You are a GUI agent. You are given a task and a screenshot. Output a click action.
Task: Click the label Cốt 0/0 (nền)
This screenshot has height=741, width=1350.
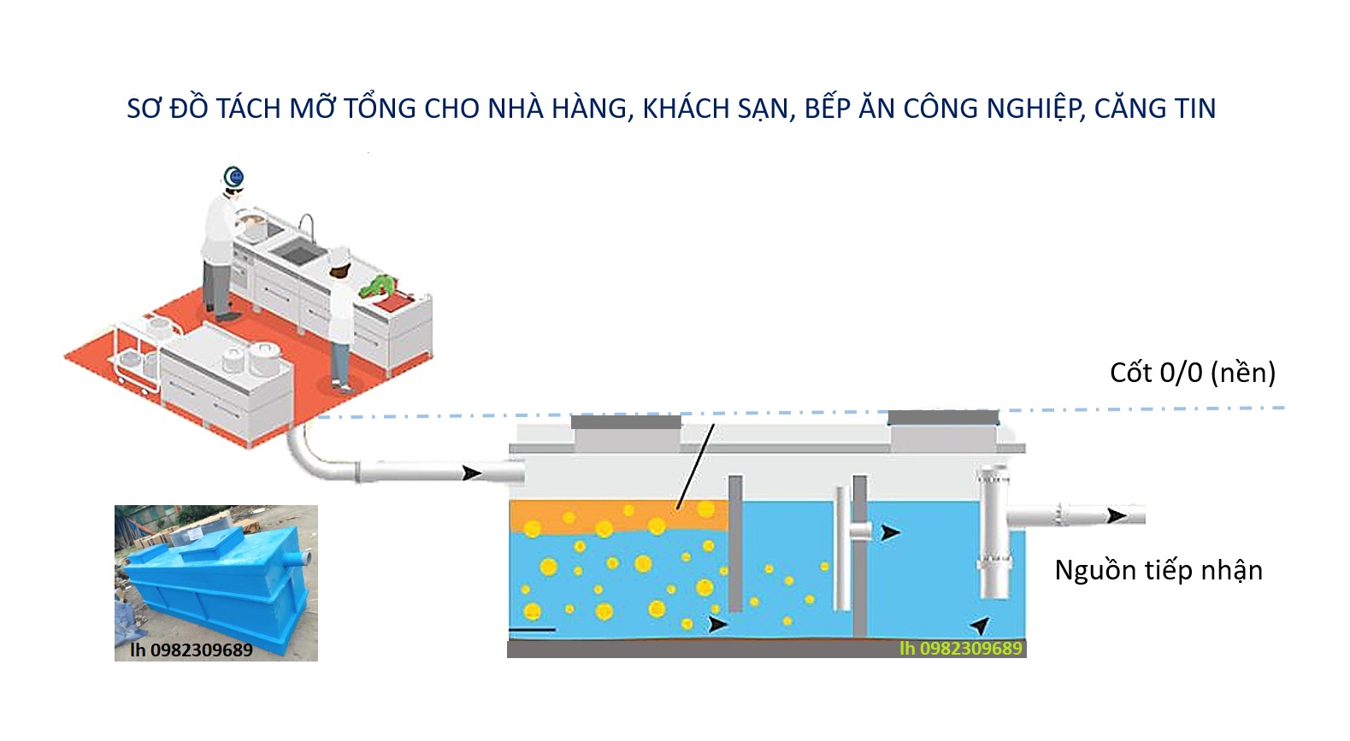tap(1192, 373)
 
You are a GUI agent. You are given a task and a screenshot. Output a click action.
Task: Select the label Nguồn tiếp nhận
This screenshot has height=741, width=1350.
tap(1158, 570)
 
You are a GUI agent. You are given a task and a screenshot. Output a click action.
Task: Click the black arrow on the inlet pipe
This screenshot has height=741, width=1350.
tap(471, 473)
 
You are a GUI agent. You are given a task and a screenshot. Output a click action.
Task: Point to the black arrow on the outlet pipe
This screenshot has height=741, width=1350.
tap(1116, 515)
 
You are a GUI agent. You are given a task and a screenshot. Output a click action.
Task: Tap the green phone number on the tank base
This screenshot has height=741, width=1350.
tap(960, 649)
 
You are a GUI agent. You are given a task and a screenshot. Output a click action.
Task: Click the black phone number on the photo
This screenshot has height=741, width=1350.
tap(191, 650)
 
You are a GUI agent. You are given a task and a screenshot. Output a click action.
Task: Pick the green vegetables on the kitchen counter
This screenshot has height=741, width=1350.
tap(379, 285)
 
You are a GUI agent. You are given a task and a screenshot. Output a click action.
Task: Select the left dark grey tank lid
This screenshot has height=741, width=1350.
tap(626, 421)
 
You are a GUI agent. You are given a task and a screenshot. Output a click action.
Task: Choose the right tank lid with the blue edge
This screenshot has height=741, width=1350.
tap(943, 418)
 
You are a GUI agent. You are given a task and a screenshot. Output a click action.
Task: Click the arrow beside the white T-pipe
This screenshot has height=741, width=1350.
tap(890, 532)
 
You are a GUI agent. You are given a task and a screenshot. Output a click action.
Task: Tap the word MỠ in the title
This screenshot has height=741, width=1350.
tap(312, 109)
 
